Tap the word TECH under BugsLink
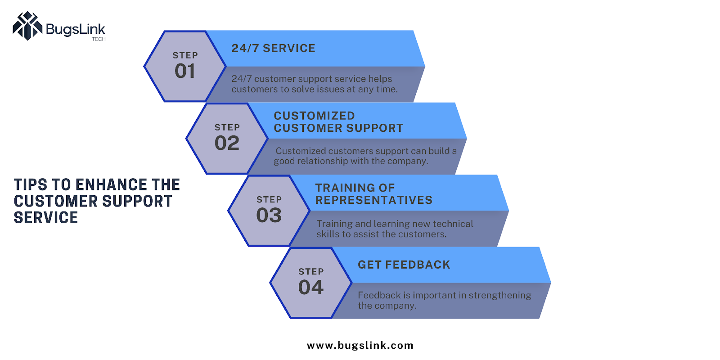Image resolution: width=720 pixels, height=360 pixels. [99, 39]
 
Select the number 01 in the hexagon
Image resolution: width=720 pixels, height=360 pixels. [185, 71]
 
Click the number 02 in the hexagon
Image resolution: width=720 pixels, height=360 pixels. [227, 143]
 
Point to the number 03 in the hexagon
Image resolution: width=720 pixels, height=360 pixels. [269, 215]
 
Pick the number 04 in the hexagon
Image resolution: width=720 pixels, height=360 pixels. [311, 288]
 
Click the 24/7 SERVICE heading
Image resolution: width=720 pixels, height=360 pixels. [274, 48]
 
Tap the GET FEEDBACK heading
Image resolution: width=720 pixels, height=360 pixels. [404, 265]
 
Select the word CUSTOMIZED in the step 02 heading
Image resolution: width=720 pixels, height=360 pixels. [315, 116]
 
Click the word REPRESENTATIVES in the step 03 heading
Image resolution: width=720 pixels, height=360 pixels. [374, 200]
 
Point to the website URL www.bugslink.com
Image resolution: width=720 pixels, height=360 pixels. [360, 346]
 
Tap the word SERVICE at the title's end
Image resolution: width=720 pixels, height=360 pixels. [45, 218]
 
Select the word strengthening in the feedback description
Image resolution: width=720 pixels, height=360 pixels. [500, 296]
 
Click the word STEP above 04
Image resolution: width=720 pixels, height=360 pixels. [311, 272]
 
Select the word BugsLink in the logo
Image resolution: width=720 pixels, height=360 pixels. [76, 30]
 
